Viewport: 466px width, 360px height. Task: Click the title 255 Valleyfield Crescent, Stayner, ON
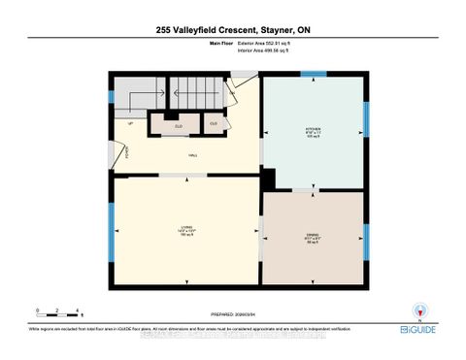(233, 31)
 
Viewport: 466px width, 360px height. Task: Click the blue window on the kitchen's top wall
(314, 75)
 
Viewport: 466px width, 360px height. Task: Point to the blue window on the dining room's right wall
(366, 231)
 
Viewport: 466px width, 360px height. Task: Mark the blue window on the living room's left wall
(112, 233)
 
